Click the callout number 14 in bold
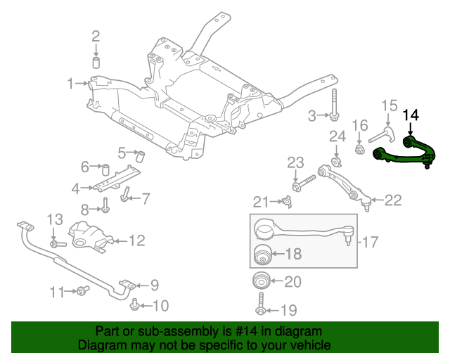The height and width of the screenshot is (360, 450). [x=411, y=113]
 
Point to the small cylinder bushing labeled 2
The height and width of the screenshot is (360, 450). [x=97, y=63]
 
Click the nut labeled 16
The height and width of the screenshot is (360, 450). [x=359, y=148]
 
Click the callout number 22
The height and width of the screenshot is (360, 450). [x=392, y=200]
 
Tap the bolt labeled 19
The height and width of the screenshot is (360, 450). [x=261, y=310]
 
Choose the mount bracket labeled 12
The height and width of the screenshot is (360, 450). [x=89, y=237]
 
